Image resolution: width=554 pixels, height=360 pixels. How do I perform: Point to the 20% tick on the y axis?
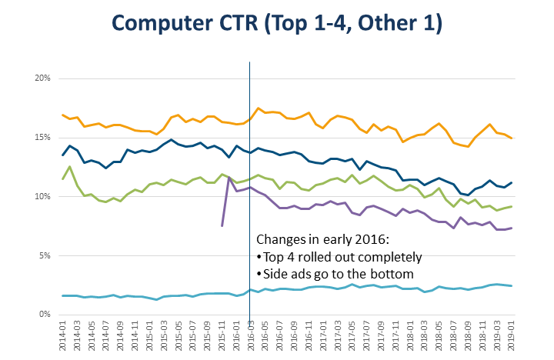42,78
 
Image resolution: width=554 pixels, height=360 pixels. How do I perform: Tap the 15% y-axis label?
42,138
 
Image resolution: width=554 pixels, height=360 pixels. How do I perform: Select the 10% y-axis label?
42,197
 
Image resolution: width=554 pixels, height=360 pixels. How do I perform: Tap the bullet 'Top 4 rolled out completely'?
339,257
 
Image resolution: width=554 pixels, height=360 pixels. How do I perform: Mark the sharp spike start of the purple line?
222,225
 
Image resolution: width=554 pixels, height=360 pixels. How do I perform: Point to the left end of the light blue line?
62,295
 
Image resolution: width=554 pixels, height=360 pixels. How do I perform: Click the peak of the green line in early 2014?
70,167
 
